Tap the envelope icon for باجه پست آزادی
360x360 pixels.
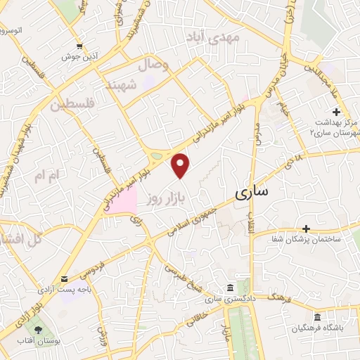tap(64, 279)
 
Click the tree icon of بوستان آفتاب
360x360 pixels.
tap(37, 330)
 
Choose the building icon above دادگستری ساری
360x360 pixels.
tap(230, 289)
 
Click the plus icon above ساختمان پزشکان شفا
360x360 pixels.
tap(306, 229)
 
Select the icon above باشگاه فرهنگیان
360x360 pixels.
tap(317, 317)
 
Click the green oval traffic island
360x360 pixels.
tap(157, 155)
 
